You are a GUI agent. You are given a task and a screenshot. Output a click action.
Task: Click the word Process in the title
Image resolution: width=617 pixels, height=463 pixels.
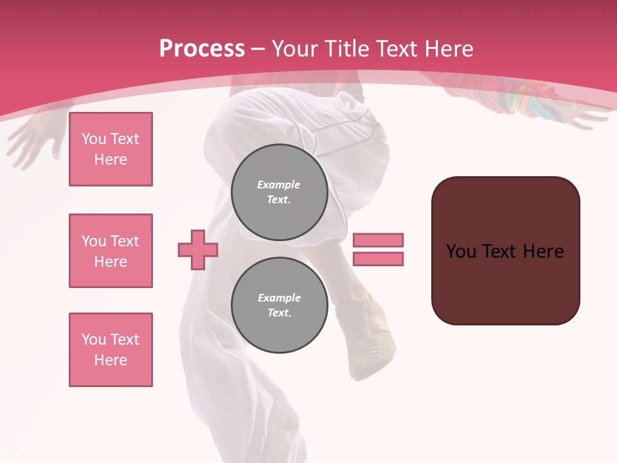(x=202, y=48)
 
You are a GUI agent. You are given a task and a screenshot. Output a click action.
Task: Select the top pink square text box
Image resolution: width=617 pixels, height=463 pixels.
(x=111, y=149)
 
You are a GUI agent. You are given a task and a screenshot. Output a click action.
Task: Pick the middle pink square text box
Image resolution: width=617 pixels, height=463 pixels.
(x=111, y=251)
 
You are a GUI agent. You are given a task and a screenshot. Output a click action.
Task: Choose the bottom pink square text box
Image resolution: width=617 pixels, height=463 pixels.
(x=111, y=350)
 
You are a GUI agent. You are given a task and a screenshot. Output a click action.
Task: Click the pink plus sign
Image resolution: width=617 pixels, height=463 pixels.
(x=198, y=250)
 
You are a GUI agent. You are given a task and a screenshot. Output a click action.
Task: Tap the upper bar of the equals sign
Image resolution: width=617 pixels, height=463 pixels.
(x=378, y=240)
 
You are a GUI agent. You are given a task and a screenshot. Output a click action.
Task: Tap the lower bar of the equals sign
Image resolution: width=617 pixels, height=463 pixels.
(x=378, y=259)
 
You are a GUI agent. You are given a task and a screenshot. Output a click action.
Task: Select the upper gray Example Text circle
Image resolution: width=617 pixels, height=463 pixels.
(x=279, y=192)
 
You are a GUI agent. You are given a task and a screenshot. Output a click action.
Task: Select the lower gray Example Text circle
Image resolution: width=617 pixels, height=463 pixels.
(x=279, y=305)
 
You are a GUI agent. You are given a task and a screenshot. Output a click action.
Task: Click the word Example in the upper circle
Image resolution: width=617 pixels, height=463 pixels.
(x=279, y=185)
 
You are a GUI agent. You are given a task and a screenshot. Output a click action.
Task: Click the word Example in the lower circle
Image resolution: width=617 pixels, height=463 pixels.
(x=279, y=298)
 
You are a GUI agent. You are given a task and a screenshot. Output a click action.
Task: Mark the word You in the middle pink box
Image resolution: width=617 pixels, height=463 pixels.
(x=93, y=241)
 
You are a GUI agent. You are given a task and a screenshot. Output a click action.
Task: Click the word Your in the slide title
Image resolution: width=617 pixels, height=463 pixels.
(x=295, y=48)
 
